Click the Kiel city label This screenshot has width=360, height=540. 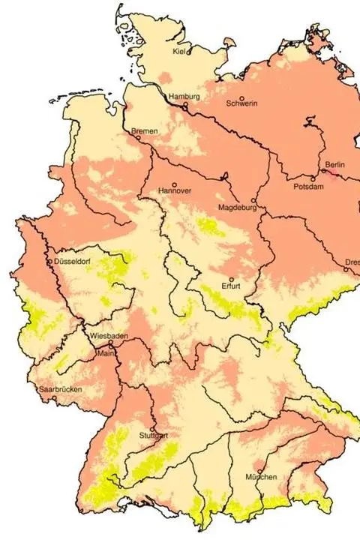pyautogui.click(x=178, y=51)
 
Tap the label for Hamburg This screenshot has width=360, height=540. pyautogui.click(x=184, y=97)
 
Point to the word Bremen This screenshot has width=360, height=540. pyautogui.click(x=145, y=131)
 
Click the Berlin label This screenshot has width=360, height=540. pyautogui.click(x=334, y=164)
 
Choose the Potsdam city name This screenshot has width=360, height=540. pyautogui.click(x=308, y=186)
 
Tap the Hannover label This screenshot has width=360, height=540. pyautogui.click(x=175, y=191)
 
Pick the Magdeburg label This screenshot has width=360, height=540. pyautogui.click(x=237, y=207)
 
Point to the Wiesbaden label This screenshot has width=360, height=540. pyautogui.click(x=103, y=336)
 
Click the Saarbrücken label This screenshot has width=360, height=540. pyautogui.click(x=60, y=389)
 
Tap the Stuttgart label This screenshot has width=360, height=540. pyautogui.click(x=153, y=436)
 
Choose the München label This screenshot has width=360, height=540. pyautogui.click(x=261, y=477)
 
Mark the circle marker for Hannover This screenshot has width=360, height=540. pyautogui.click(x=175, y=184)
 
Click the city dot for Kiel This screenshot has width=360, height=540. pyautogui.click(x=189, y=52)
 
